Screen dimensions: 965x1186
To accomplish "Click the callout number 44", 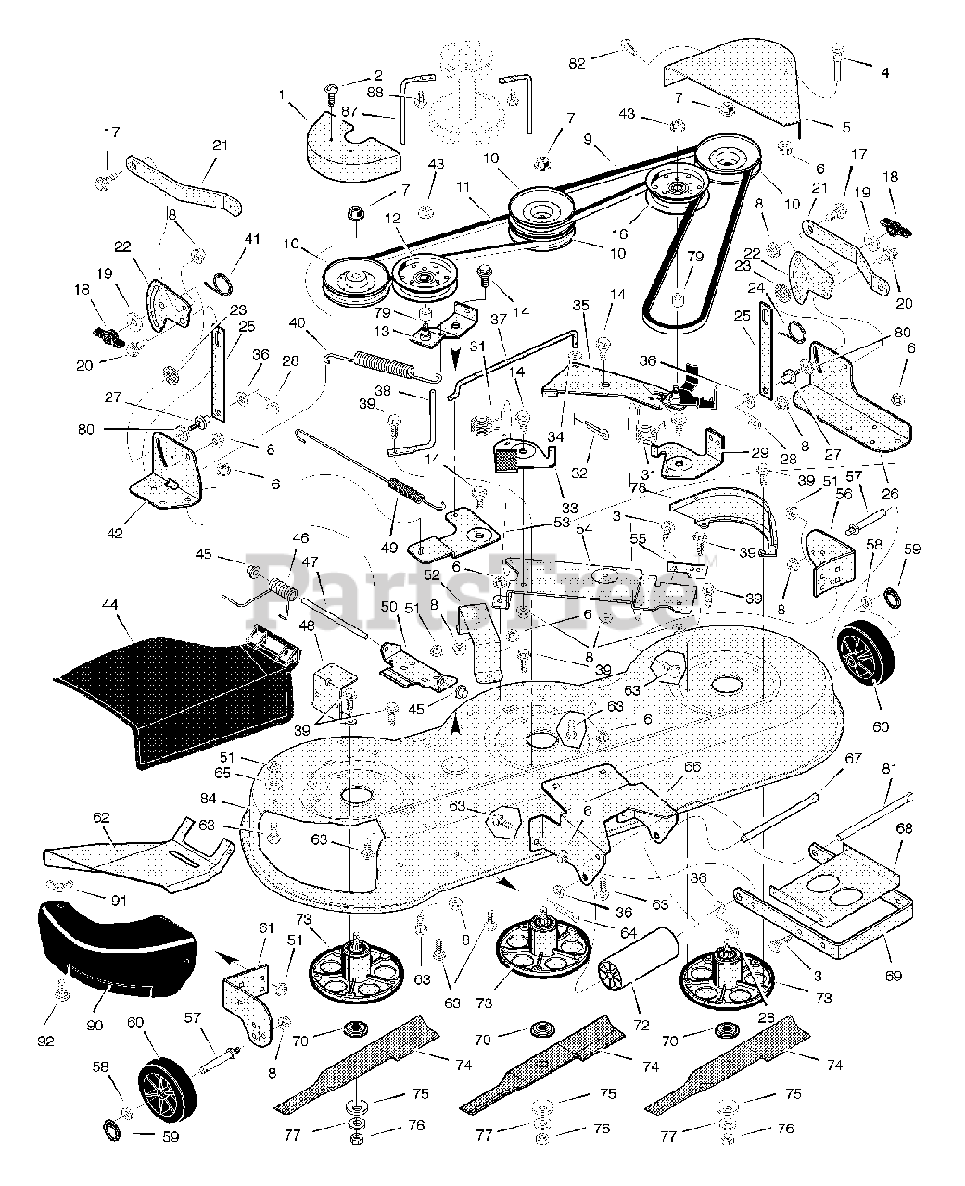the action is (109, 605).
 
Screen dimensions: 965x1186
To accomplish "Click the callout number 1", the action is (282, 95).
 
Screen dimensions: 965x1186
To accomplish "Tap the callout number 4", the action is (884, 72).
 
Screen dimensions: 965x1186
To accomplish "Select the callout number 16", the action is (619, 233).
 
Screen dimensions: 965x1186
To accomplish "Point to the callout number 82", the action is (578, 64).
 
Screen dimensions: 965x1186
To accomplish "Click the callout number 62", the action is (101, 817).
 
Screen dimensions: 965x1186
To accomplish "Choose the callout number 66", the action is (692, 766).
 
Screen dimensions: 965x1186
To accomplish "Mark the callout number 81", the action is (890, 769).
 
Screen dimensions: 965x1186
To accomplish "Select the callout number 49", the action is (389, 548).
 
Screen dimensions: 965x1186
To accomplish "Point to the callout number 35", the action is (581, 305).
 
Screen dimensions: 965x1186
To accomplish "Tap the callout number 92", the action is (45, 1041).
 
